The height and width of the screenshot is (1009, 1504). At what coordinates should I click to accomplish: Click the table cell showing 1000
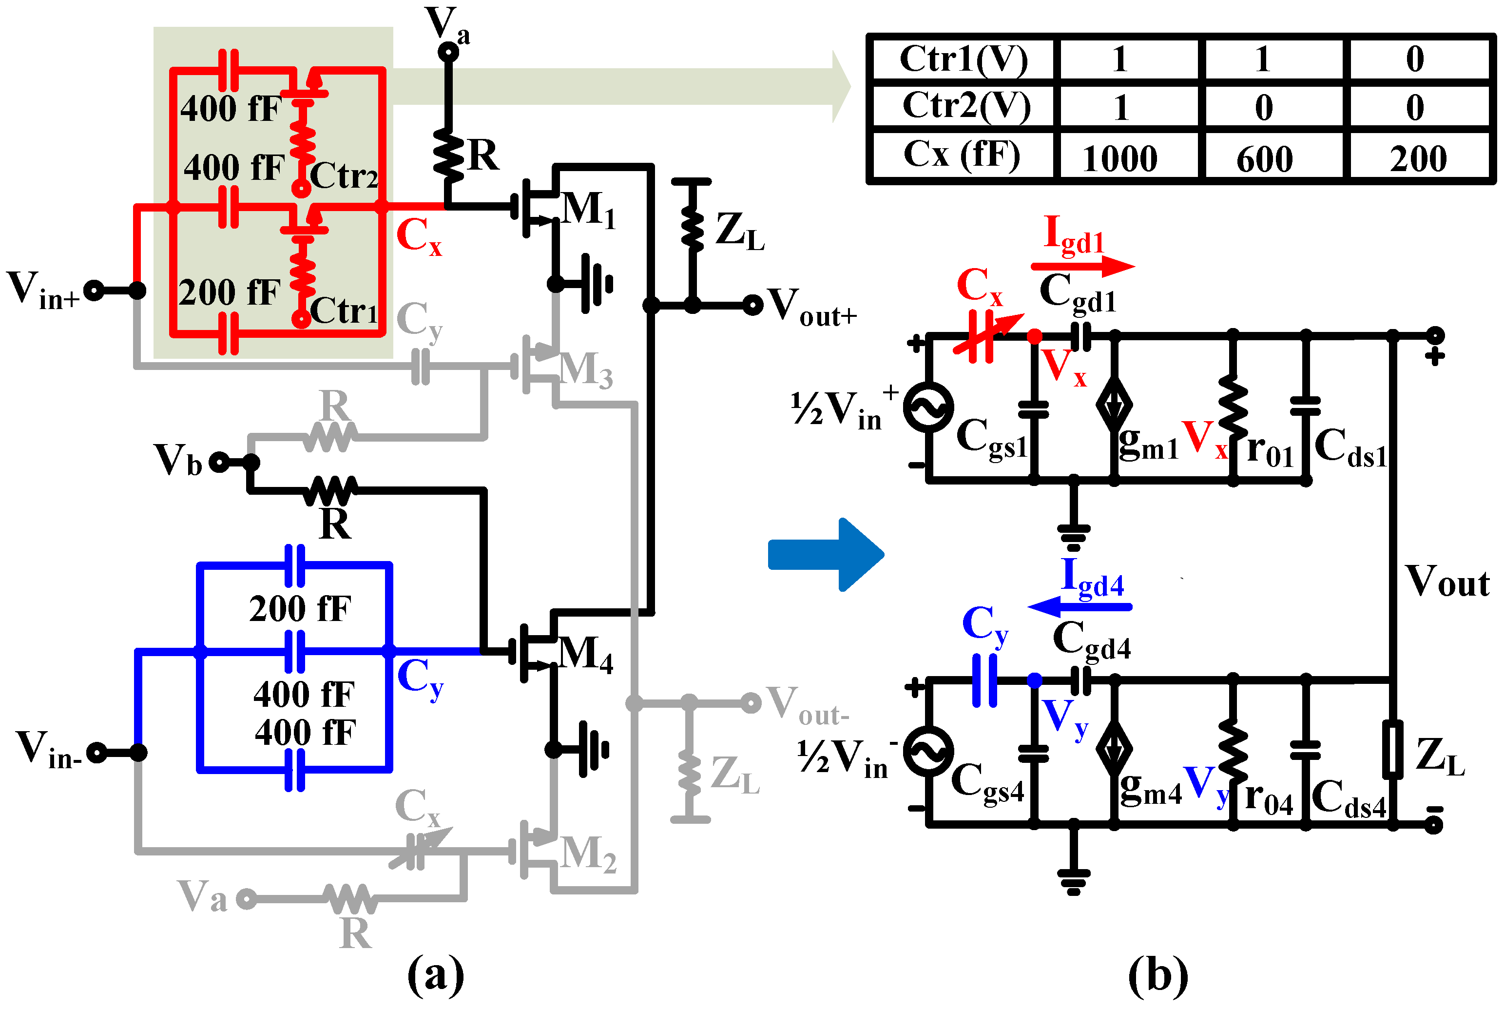coord(1119,158)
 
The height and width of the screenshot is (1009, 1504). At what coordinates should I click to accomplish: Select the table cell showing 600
coord(1264,159)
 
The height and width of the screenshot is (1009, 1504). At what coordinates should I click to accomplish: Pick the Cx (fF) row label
coord(961,155)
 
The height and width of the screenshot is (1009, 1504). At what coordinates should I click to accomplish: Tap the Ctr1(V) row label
coord(963,59)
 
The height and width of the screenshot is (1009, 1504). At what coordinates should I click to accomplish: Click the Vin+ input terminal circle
coord(94,291)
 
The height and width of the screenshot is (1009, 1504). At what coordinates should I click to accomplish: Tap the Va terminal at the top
coord(448,52)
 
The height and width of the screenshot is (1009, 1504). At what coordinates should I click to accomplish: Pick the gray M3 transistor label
coord(585,370)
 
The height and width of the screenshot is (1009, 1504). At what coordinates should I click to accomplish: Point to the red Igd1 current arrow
coord(1082,265)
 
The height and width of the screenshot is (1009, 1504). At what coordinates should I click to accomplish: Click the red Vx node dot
coord(1034,336)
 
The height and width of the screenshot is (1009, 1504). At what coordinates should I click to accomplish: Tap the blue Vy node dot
coord(1034,680)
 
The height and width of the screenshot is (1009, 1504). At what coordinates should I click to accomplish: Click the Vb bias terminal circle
coord(219,462)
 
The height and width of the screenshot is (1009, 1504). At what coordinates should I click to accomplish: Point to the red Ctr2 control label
coord(344,175)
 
